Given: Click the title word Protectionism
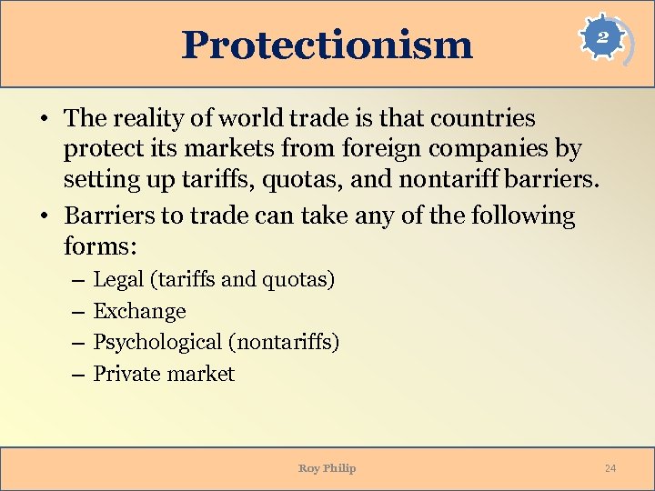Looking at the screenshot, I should coord(327,45).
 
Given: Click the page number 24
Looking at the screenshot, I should coord(610,468).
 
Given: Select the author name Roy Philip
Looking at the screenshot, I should coord(327,468).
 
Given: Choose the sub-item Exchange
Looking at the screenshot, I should coord(140,311).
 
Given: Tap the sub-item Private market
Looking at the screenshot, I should coord(164,374).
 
